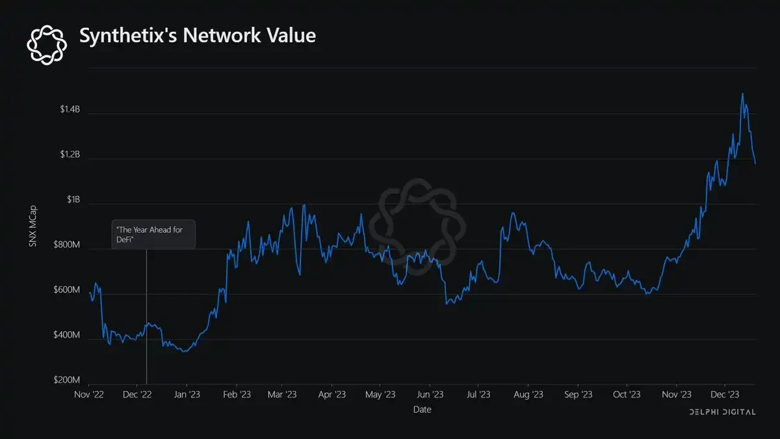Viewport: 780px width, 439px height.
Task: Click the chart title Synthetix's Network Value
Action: [197, 36]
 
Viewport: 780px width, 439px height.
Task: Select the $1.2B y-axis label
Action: [70, 155]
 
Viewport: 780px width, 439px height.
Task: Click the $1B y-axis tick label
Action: [73, 200]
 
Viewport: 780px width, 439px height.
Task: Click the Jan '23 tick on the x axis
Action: [186, 395]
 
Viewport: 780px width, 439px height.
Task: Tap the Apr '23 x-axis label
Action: [331, 395]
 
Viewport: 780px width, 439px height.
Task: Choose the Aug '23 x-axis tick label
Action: [528, 395]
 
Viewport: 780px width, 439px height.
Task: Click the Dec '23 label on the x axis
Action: [724, 395]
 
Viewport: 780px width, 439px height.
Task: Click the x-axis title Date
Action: [422, 410]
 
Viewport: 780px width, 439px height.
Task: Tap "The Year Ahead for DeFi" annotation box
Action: [153, 235]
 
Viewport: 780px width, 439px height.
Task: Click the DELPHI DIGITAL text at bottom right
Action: [721, 413]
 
